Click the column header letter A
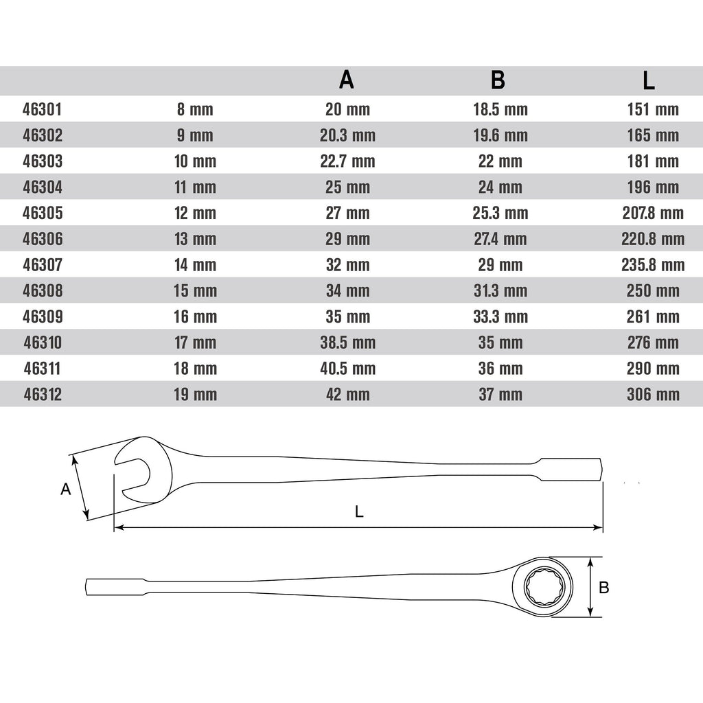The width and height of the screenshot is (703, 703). [x=347, y=80]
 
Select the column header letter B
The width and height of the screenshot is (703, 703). [x=498, y=80]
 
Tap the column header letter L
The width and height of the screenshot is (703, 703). [x=649, y=81]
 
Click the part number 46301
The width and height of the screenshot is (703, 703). [x=42, y=109]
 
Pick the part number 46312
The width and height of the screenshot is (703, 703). [x=43, y=395]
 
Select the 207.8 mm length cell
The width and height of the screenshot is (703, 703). [x=653, y=213]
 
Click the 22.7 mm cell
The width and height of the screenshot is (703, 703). [x=347, y=161]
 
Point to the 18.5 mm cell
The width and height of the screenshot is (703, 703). [x=500, y=109]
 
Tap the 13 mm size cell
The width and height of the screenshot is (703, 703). [x=195, y=239]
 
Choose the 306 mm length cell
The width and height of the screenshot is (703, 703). [x=653, y=395]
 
